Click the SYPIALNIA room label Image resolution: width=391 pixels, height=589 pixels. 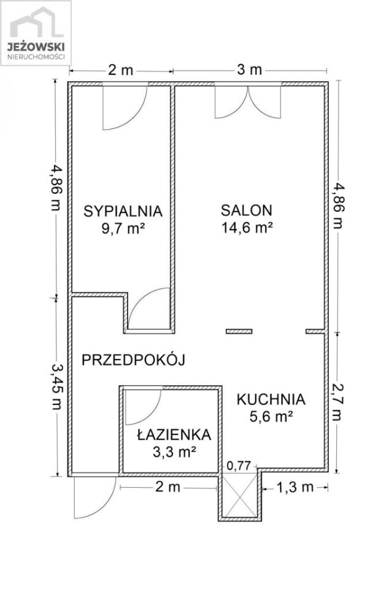(x=123, y=211)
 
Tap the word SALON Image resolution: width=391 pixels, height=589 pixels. (x=246, y=210)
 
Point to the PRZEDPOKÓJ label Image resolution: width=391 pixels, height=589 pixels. (x=133, y=360)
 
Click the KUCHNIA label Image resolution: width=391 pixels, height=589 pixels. (x=271, y=399)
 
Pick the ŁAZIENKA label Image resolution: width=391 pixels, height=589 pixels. (x=174, y=435)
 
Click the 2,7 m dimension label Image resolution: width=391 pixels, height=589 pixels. (x=338, y=402)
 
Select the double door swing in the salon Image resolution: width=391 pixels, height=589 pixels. (x=249, y=101)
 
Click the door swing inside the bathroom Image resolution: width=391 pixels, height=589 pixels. (x=142, y=405)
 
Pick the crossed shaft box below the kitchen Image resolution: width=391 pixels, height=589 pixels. (x=240, y=496)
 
